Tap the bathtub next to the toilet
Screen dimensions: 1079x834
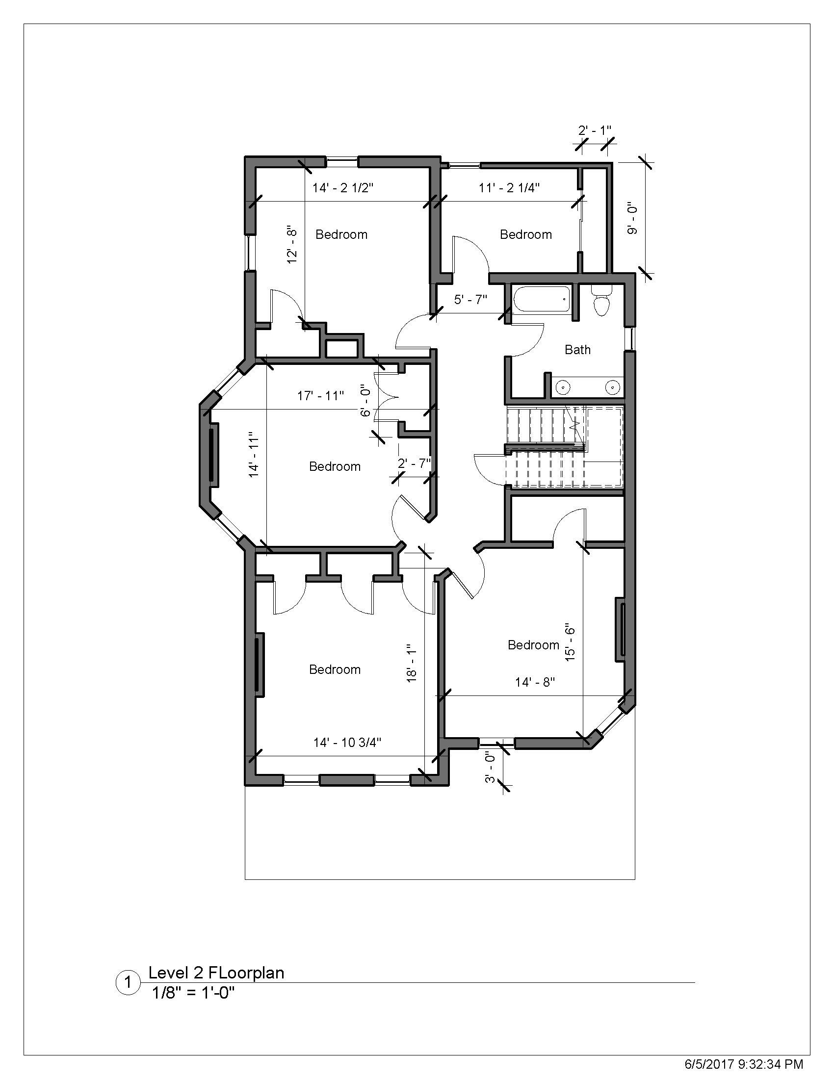(542, 299)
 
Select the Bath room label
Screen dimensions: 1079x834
(577, 350)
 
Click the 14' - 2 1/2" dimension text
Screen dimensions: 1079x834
(343, 188)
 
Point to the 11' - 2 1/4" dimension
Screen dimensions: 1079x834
(509, 188)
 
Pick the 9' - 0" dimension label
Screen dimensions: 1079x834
(632, 218)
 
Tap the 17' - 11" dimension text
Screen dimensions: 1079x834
(321, 396)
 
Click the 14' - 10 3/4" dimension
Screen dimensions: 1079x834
(347, 743)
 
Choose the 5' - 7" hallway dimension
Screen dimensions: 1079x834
(471, 299)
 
